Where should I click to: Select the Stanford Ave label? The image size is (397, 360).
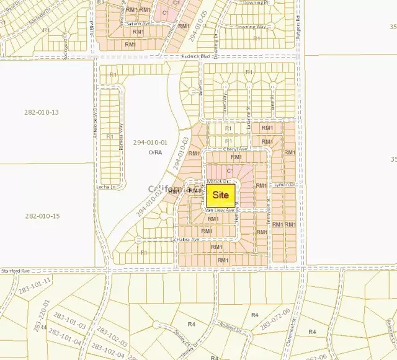tap(17, 270)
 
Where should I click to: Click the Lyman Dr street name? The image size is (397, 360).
tap(285, 185)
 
